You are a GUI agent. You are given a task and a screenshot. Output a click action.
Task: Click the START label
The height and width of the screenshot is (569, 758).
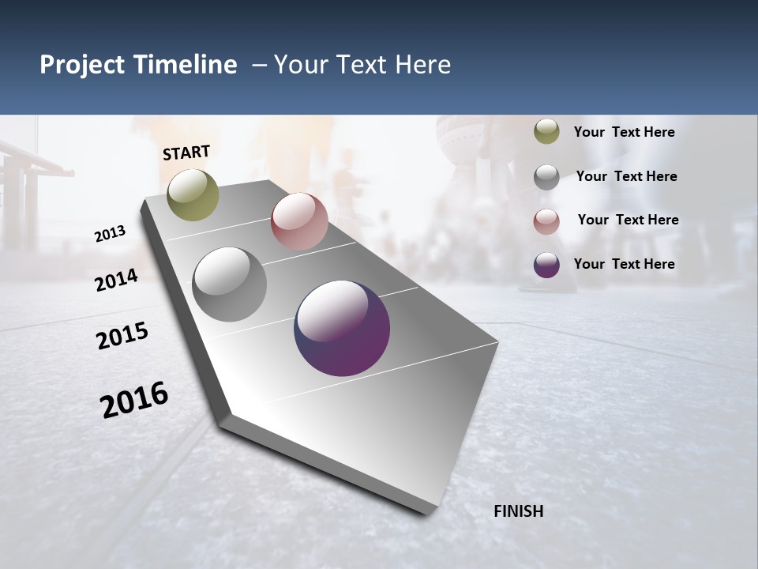click(x=186, y=153)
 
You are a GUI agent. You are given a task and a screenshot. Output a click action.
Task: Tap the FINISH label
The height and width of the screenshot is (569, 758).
click(x=519, y=511)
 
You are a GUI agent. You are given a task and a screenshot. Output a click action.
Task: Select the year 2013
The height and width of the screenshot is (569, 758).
click(x=111, y=233)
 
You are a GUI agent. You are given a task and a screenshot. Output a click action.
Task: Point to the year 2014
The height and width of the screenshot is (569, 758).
click(x=117, y=280)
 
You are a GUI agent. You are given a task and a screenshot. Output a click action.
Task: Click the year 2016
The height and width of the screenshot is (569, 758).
click(x=134, y=399)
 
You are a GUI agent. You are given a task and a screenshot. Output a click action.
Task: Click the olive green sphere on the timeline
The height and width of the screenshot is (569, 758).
click(x=193, y=194)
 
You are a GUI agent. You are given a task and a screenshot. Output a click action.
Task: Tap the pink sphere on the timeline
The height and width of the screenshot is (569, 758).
click(x=299, y=221)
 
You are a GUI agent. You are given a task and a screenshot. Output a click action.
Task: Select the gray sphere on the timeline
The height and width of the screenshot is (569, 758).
click(x=230, y=284)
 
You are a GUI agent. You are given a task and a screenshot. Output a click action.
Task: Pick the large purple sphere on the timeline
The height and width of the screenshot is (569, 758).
click(x=342, y=328)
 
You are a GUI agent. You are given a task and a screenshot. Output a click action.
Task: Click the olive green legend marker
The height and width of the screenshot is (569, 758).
click(x=546, y=132)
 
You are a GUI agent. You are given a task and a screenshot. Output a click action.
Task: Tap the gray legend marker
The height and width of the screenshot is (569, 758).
click(x=546, y=177)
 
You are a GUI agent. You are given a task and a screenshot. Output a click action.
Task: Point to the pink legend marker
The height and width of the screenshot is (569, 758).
click(x=546, y=220)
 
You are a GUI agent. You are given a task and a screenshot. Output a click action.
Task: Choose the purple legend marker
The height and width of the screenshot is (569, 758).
click(x=546, y=265)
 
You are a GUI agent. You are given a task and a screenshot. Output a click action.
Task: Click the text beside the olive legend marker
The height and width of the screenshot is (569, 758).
click(x=624, y=133)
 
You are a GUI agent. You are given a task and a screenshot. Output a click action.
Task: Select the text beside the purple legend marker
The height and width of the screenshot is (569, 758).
click(x=624, y=264)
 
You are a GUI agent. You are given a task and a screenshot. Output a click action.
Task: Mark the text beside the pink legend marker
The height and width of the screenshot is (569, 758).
click(x=628, y=220)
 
